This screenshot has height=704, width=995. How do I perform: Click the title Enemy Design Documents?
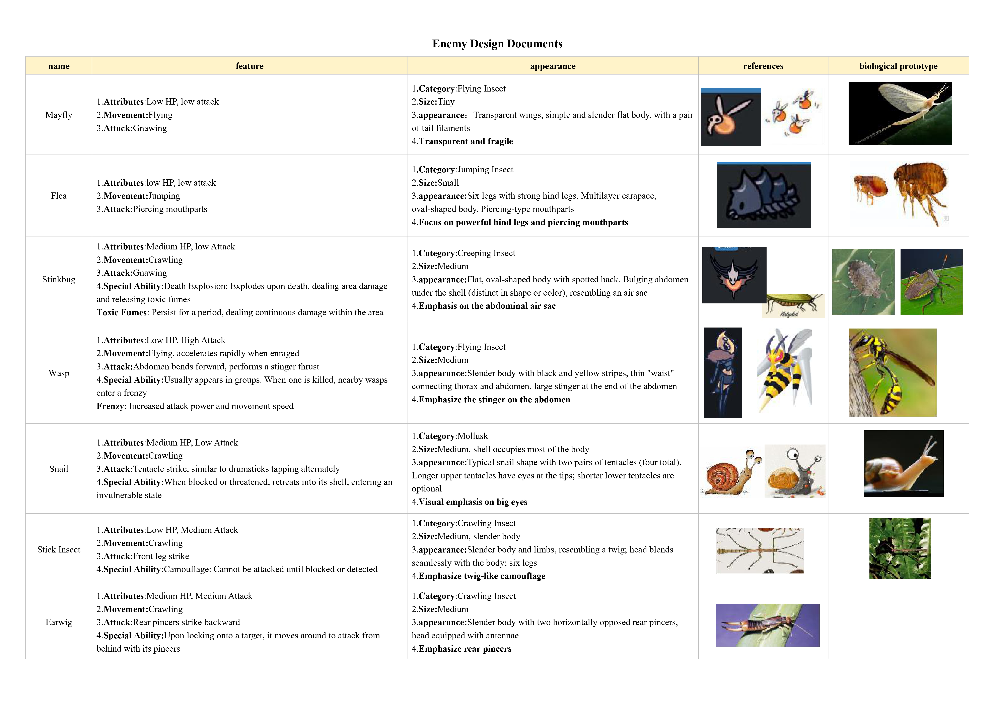[497, 44]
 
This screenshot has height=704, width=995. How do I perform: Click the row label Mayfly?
[59, 115]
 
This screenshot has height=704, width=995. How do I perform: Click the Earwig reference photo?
[767, 625]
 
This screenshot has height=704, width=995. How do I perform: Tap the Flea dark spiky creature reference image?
[764, 195]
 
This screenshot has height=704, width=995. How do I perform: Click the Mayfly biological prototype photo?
[900, 113]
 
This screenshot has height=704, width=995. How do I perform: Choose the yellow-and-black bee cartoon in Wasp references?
[784, 371]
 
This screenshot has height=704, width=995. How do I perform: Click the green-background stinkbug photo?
[931, 282]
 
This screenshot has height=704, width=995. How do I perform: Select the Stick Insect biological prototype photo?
[900, 548]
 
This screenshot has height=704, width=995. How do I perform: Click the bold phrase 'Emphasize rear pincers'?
[465, 649]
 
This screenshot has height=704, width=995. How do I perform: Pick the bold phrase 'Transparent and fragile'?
[466, 141]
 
